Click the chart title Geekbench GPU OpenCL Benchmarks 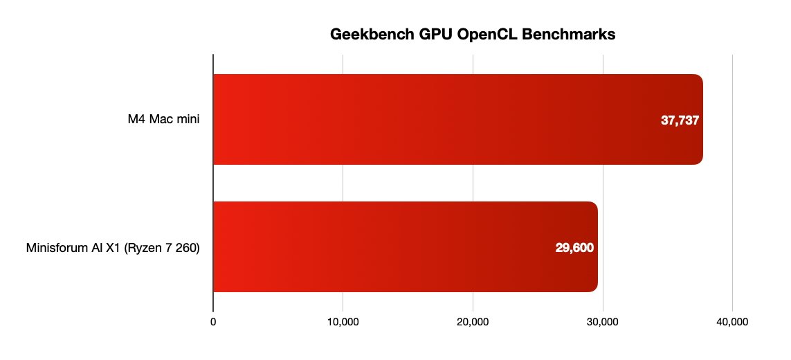click(472, 35)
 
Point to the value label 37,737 click(680, 120)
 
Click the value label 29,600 click(574, 247)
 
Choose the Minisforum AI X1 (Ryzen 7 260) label click(113, 247)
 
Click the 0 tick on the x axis click(213, 322)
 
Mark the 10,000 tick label click(343, 322)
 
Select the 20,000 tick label click(473, 322)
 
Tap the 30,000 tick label click(603, 322)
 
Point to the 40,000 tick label click(732, 322)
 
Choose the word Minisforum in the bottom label click(55, 247)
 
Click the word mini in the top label click(187, 120)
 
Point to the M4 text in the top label click(136, 120)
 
